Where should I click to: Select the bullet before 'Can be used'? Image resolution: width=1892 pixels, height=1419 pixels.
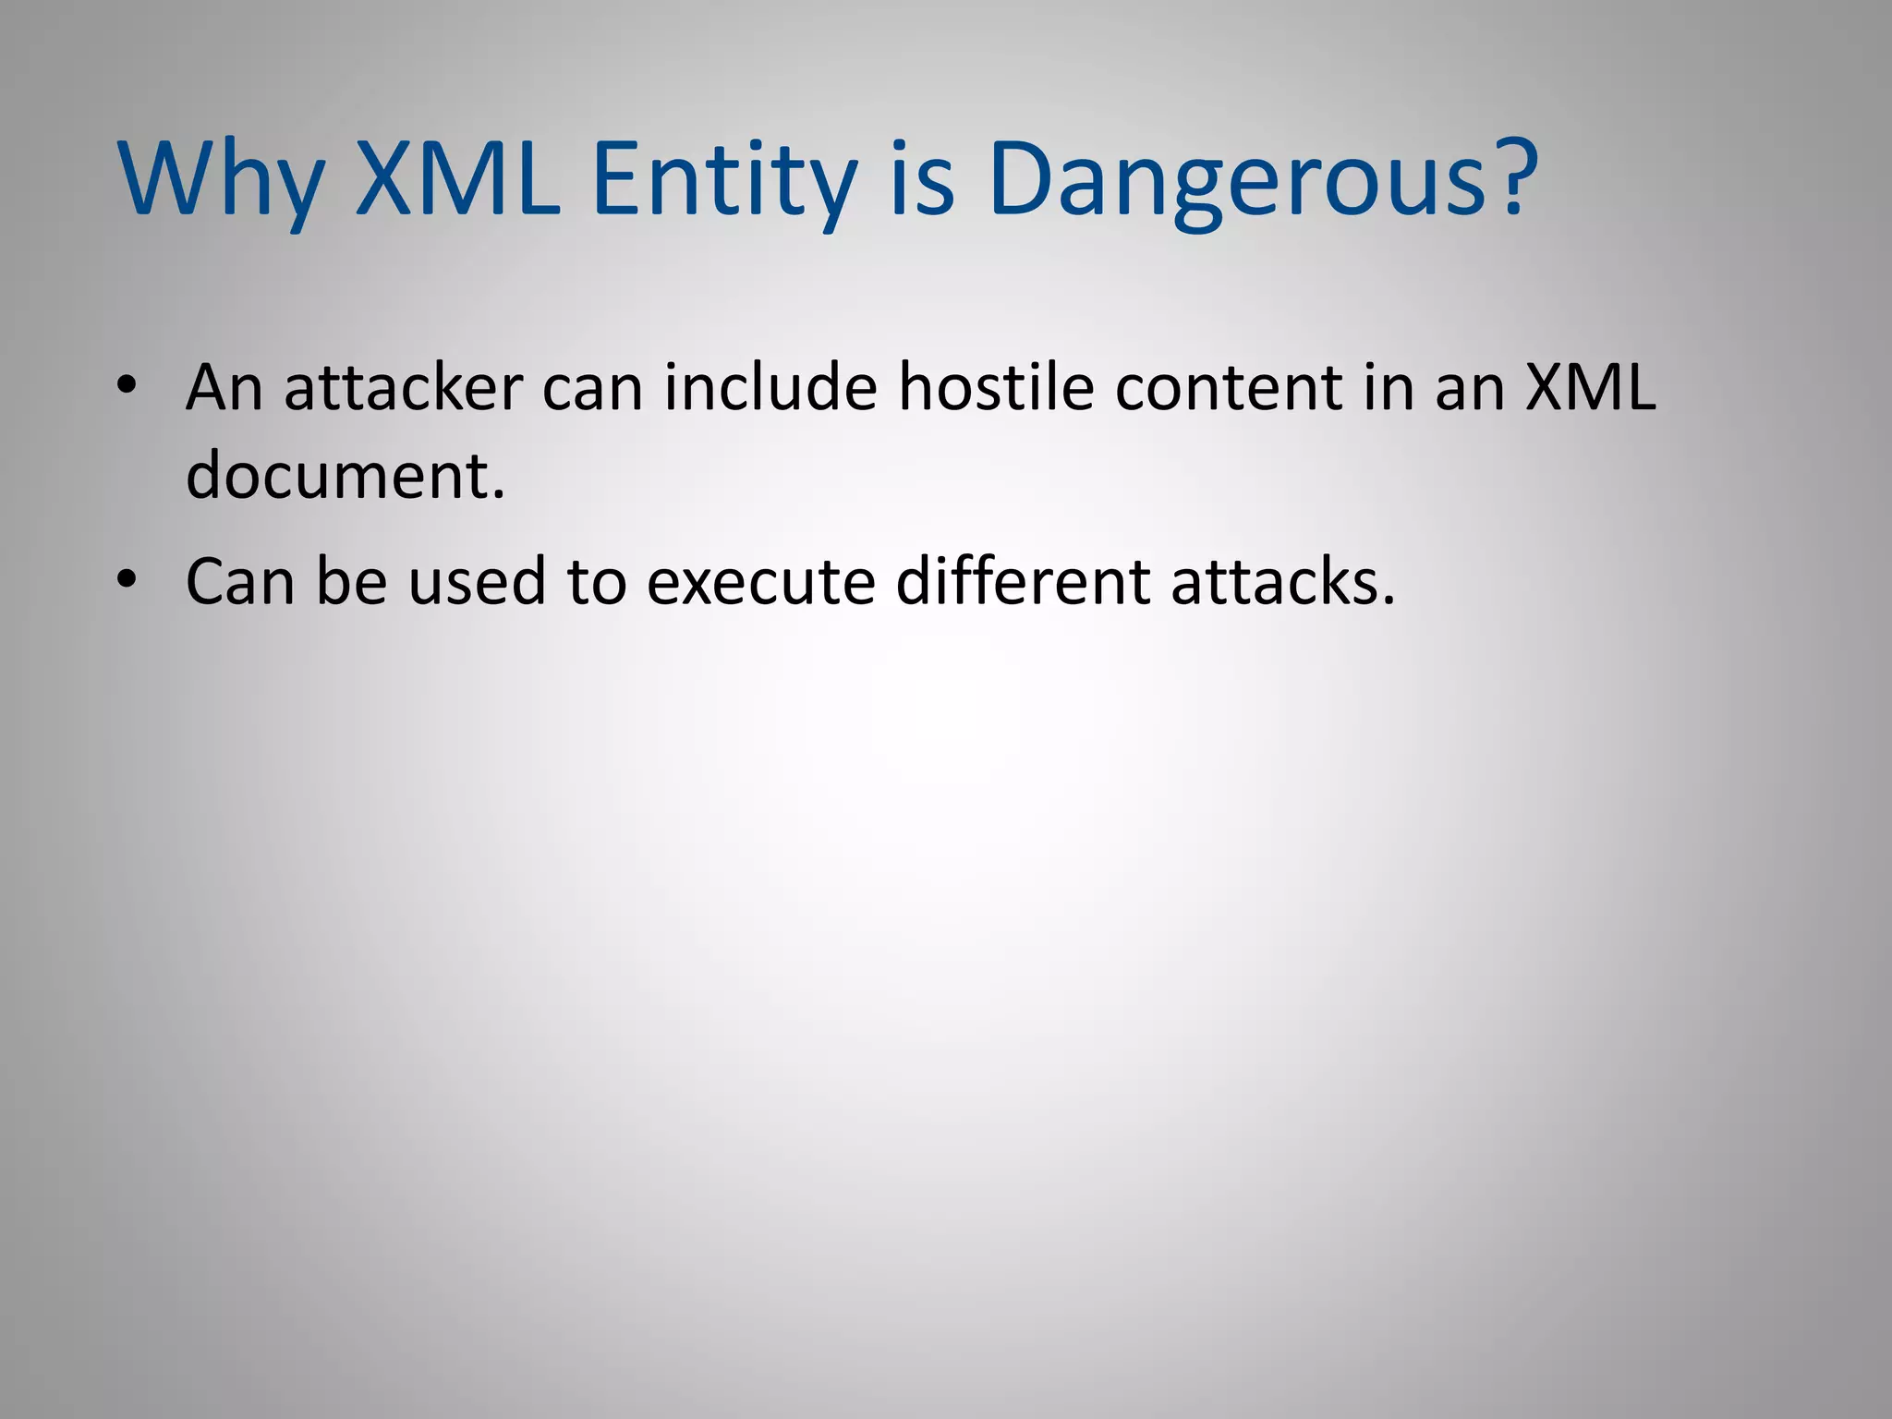coord(127,580)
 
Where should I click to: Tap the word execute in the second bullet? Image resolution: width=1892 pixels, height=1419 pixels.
coord(760,582)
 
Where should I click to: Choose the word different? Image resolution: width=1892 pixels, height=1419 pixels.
coord(1023,582)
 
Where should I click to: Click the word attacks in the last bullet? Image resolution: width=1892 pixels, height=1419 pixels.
coord(1282,582)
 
